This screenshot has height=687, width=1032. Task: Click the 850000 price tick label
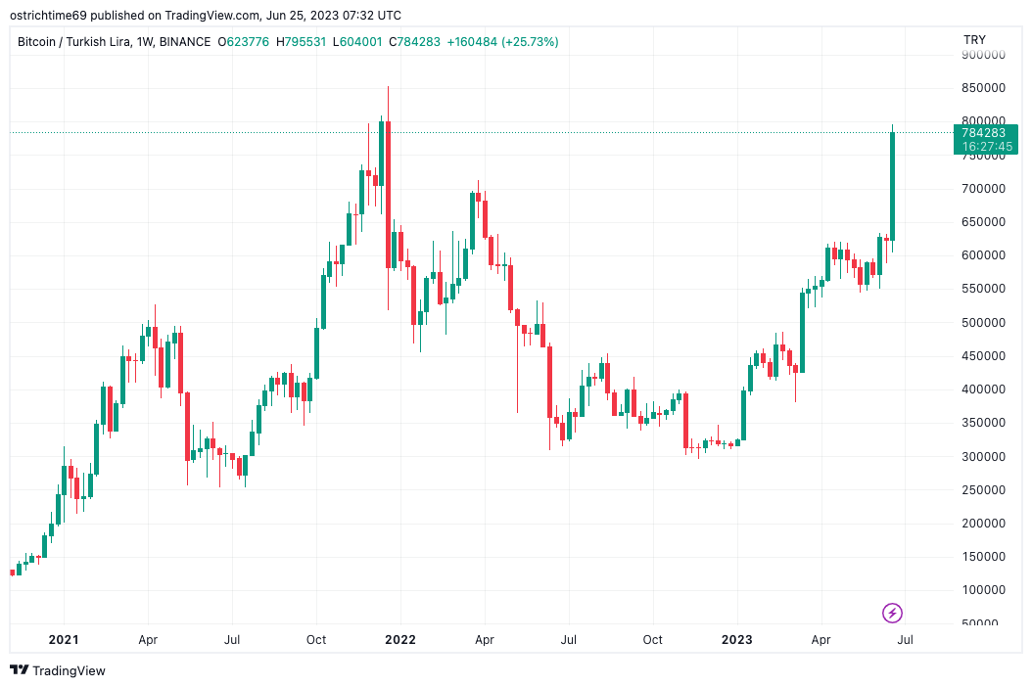point(983,88)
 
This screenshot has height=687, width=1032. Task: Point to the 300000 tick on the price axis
point(983,457)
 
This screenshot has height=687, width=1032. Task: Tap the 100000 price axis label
point(983,590)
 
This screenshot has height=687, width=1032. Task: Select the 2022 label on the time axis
point(400,640)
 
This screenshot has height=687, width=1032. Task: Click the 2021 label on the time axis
point(64,640)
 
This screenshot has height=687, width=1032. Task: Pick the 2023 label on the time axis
point(736,640)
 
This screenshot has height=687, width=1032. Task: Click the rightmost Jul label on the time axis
point(905,640)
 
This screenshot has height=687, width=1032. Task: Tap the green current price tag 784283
point(983,133)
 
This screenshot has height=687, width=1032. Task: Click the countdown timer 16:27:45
point(987,147)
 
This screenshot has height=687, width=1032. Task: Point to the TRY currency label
point(975,40)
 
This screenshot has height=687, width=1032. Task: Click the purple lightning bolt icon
point(892,614)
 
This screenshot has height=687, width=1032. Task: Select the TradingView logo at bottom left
point(58,670)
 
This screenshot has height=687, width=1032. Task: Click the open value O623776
point(244,42)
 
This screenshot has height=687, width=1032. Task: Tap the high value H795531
point(301,42)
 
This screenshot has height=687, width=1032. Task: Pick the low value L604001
point(357,42)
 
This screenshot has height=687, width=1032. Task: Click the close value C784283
point(414,42)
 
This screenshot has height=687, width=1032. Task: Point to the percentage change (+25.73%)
point(530,42)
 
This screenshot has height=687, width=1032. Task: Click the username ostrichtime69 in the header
point(48,15)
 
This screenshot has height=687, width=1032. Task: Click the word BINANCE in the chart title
point(185,42)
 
